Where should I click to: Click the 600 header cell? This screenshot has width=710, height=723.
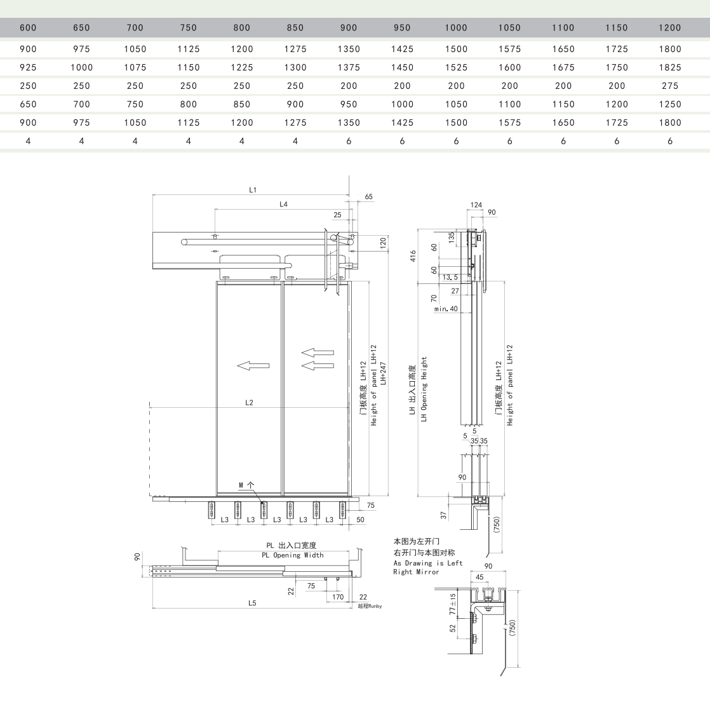(x=28, y=28)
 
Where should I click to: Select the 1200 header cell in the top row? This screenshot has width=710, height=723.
(x=670, y=28)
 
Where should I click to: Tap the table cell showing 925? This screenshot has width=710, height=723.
(x=28, y=67)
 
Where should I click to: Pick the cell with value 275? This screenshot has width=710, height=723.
(x=670, y=86)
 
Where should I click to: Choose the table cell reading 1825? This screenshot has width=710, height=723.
(x=670, y=67)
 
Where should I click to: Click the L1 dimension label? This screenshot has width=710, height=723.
(x=253, y=190)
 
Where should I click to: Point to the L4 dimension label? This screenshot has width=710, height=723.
(x=283, y=205)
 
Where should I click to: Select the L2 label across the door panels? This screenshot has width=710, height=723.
(x=249, y=403)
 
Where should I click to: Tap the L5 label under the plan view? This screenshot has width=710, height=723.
(x=252, y=603)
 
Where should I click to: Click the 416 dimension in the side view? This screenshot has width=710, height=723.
(x=413, y=256)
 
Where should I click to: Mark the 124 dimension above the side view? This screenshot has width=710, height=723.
(x=476, y=205)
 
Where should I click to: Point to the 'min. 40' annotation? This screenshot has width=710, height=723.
(x=446, y=309)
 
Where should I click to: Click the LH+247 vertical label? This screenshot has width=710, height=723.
(x=384, y=374)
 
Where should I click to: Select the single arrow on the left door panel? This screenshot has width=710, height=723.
(x=253, y=366)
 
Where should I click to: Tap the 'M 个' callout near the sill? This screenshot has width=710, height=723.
(x=246, y=485)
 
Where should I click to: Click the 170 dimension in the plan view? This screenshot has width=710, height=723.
(x=338, y=597)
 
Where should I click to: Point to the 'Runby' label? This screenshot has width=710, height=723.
(x=370, y=606)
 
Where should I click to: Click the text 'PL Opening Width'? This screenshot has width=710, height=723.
(x=293, y=555)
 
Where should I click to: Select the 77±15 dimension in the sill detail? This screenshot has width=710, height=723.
(x=453, y=604)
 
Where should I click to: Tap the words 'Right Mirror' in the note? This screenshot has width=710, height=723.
(x=416, y=572)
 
